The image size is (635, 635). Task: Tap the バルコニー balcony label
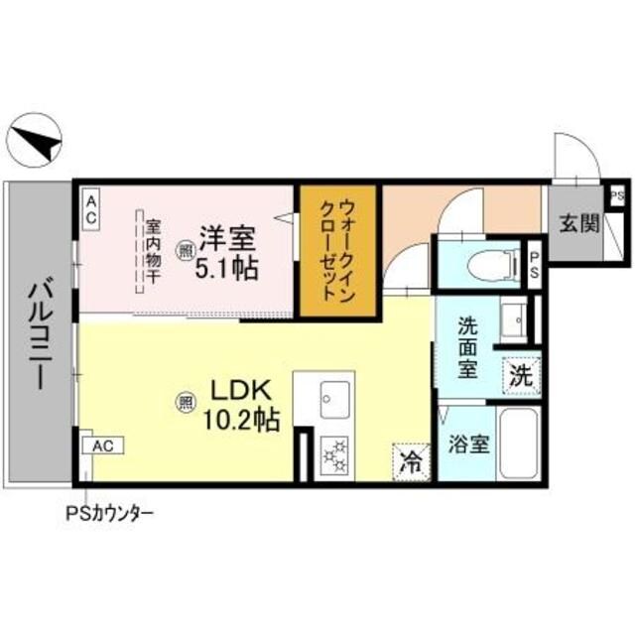click(41, 333)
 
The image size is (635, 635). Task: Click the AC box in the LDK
click(102, 445)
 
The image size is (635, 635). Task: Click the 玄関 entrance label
click(578, 222)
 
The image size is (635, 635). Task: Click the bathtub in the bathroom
click(518, 443)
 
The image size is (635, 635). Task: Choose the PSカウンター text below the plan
click(109, 514)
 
